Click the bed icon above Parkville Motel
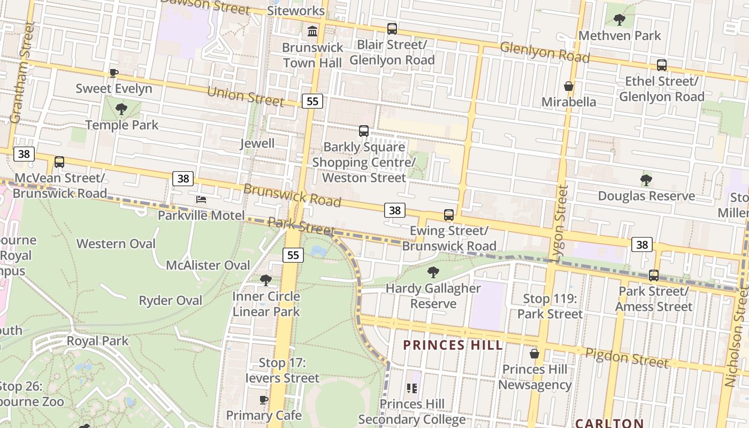(x=201, y=200)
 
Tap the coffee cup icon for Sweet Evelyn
(x=113, y=73)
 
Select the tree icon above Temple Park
(x=121, y=110)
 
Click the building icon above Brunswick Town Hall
(x=312, y=32)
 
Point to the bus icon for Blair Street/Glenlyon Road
(x=392, y=29)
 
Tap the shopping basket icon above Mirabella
(x=569, y=86)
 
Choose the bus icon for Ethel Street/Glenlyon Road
(x=662, y=65)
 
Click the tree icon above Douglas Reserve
(x=646, y=180)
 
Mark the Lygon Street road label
(x=561, y=223)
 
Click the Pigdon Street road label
(x=626, y=357)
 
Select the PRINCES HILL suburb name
(x=453, y=345)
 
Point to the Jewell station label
(x=257, y=143)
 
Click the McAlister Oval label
(x=208, y=265)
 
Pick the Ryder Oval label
(x=171, y=301)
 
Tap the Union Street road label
(x=245, y=96)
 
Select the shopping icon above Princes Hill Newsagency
(x=534, y=354)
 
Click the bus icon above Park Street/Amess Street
(x=654, y=276)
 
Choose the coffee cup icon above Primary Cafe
(x=264, y=400)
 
